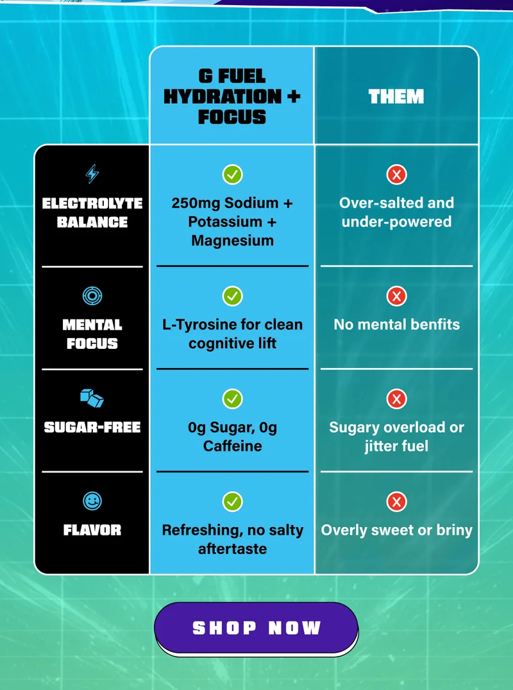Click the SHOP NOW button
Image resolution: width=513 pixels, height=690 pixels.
256,628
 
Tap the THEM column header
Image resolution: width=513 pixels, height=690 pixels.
396,96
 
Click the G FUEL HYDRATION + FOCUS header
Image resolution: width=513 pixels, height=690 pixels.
232,96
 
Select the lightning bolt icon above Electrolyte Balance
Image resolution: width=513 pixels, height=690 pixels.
92,174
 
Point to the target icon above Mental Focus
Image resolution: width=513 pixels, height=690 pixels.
92,296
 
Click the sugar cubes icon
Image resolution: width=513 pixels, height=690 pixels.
92,398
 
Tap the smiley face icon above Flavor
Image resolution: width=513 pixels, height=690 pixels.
92,501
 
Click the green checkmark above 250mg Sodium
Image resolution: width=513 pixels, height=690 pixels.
232,174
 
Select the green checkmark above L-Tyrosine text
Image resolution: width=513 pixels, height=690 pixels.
232,296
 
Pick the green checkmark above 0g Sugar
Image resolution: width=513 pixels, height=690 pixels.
232,399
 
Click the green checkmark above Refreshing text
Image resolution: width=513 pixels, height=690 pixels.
232,501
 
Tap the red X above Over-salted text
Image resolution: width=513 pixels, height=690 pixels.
396,174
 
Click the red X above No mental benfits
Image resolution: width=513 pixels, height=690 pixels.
396,296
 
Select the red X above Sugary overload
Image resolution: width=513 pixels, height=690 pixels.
396,399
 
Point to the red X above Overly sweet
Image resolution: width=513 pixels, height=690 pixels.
396,501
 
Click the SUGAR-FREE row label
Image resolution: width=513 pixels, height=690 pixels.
92,427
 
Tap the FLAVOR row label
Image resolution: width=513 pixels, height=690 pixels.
92,530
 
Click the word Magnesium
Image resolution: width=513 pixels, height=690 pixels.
232,240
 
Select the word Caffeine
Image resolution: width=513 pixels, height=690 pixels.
232,446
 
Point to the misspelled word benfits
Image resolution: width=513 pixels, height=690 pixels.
435,324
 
